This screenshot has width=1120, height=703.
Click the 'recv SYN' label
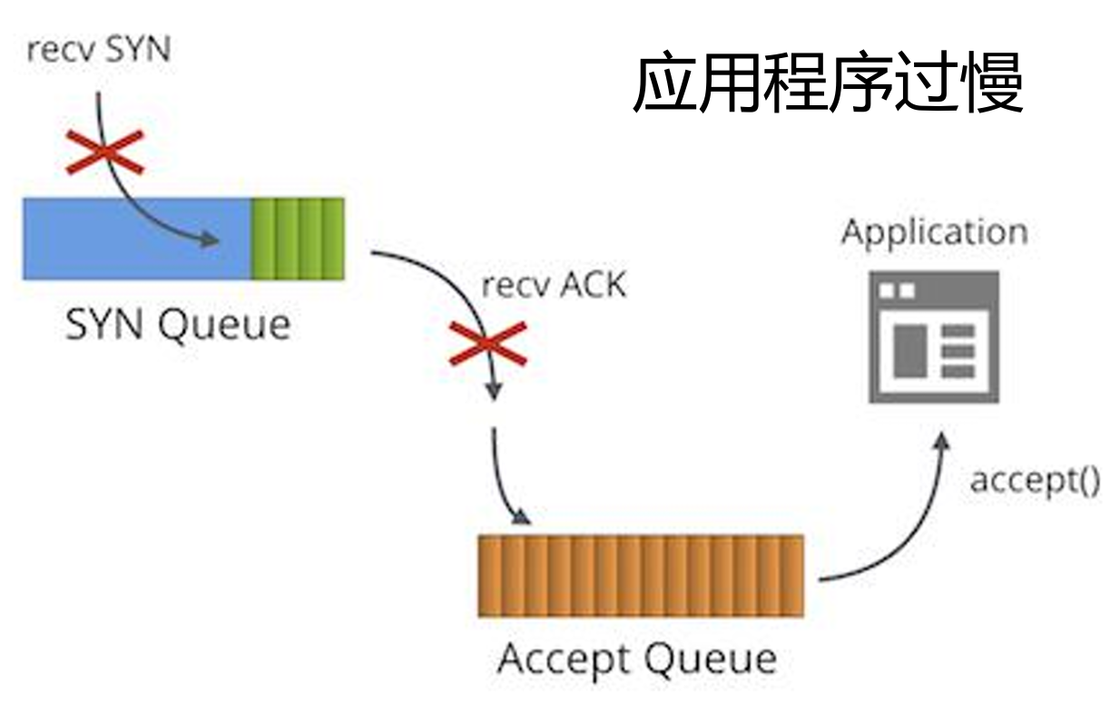99,50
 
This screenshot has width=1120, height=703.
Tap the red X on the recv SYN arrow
105,151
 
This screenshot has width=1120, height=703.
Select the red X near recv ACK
488,344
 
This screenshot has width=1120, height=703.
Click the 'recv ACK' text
554,285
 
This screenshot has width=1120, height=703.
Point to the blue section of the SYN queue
136,239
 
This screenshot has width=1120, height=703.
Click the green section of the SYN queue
298,239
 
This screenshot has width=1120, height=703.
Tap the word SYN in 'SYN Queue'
104,325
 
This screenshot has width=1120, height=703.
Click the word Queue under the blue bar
224,327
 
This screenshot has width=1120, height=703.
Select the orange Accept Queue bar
641,576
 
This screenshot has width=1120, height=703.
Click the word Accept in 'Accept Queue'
564,661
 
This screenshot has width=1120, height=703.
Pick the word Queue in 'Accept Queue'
711,661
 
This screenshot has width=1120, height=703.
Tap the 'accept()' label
1035,482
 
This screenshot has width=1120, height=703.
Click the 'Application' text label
935,233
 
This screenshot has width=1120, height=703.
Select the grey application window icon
934,337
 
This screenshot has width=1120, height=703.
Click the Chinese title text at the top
829,83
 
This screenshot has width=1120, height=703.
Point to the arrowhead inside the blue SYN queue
210,239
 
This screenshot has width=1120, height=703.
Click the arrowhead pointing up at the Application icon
941,441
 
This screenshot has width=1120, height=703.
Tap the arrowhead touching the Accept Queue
522,518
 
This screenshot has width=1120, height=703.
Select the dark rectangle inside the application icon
910,351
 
